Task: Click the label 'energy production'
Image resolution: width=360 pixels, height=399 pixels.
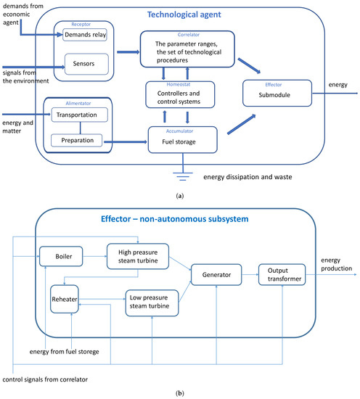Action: pyautogui.click(x=333, y=263)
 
